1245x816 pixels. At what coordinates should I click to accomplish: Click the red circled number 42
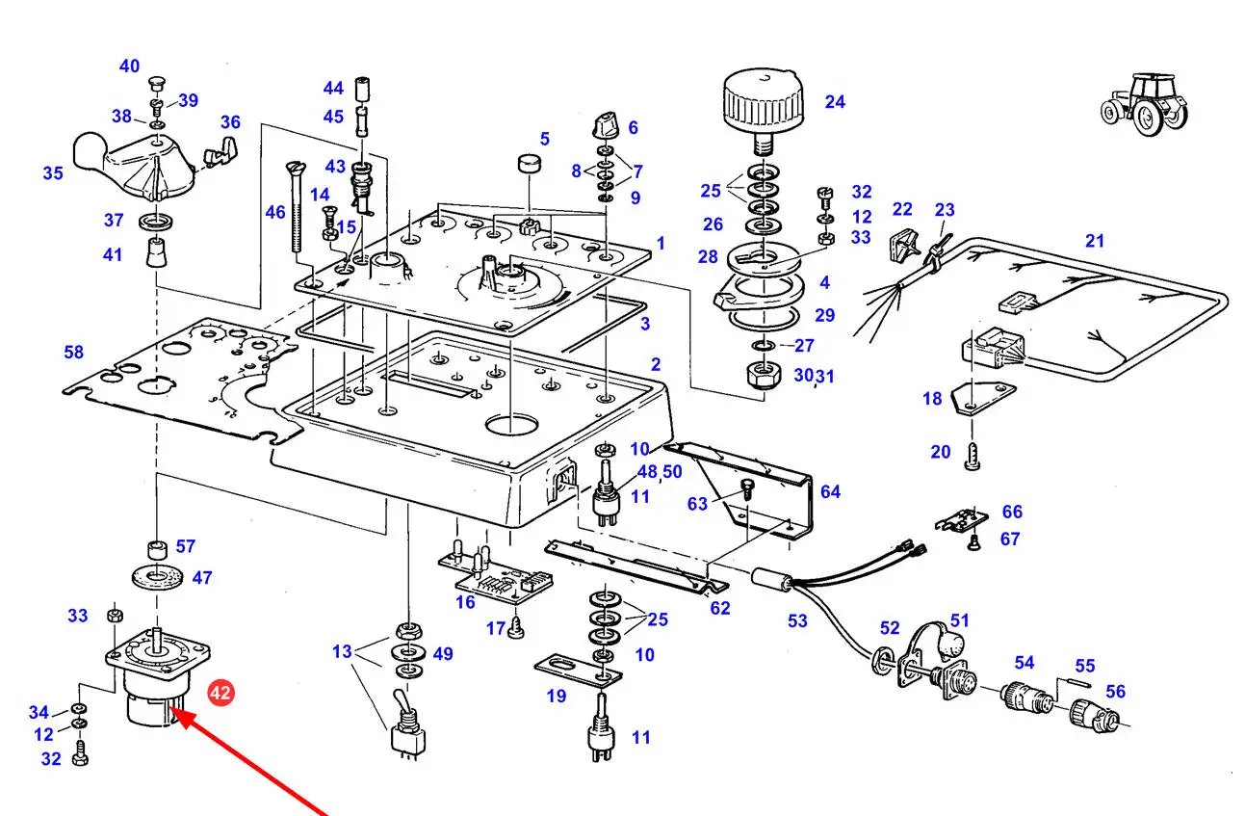[220, 693]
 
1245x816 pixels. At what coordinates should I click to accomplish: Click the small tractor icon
[1144, 105]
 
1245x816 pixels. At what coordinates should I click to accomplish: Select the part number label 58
[74, 352]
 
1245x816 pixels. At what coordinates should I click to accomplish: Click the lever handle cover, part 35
[134, 164]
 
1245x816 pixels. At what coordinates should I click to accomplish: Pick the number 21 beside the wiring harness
[1095, 241]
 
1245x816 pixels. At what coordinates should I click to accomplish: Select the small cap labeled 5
[530, 164]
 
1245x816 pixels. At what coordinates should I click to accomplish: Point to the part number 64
[830, 491]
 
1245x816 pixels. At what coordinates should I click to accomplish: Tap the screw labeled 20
[973, 457]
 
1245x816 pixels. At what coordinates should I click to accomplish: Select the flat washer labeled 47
[158, 577]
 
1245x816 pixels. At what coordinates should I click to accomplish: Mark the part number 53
[797, 620]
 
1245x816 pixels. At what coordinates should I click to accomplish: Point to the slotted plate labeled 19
[578, 671]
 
